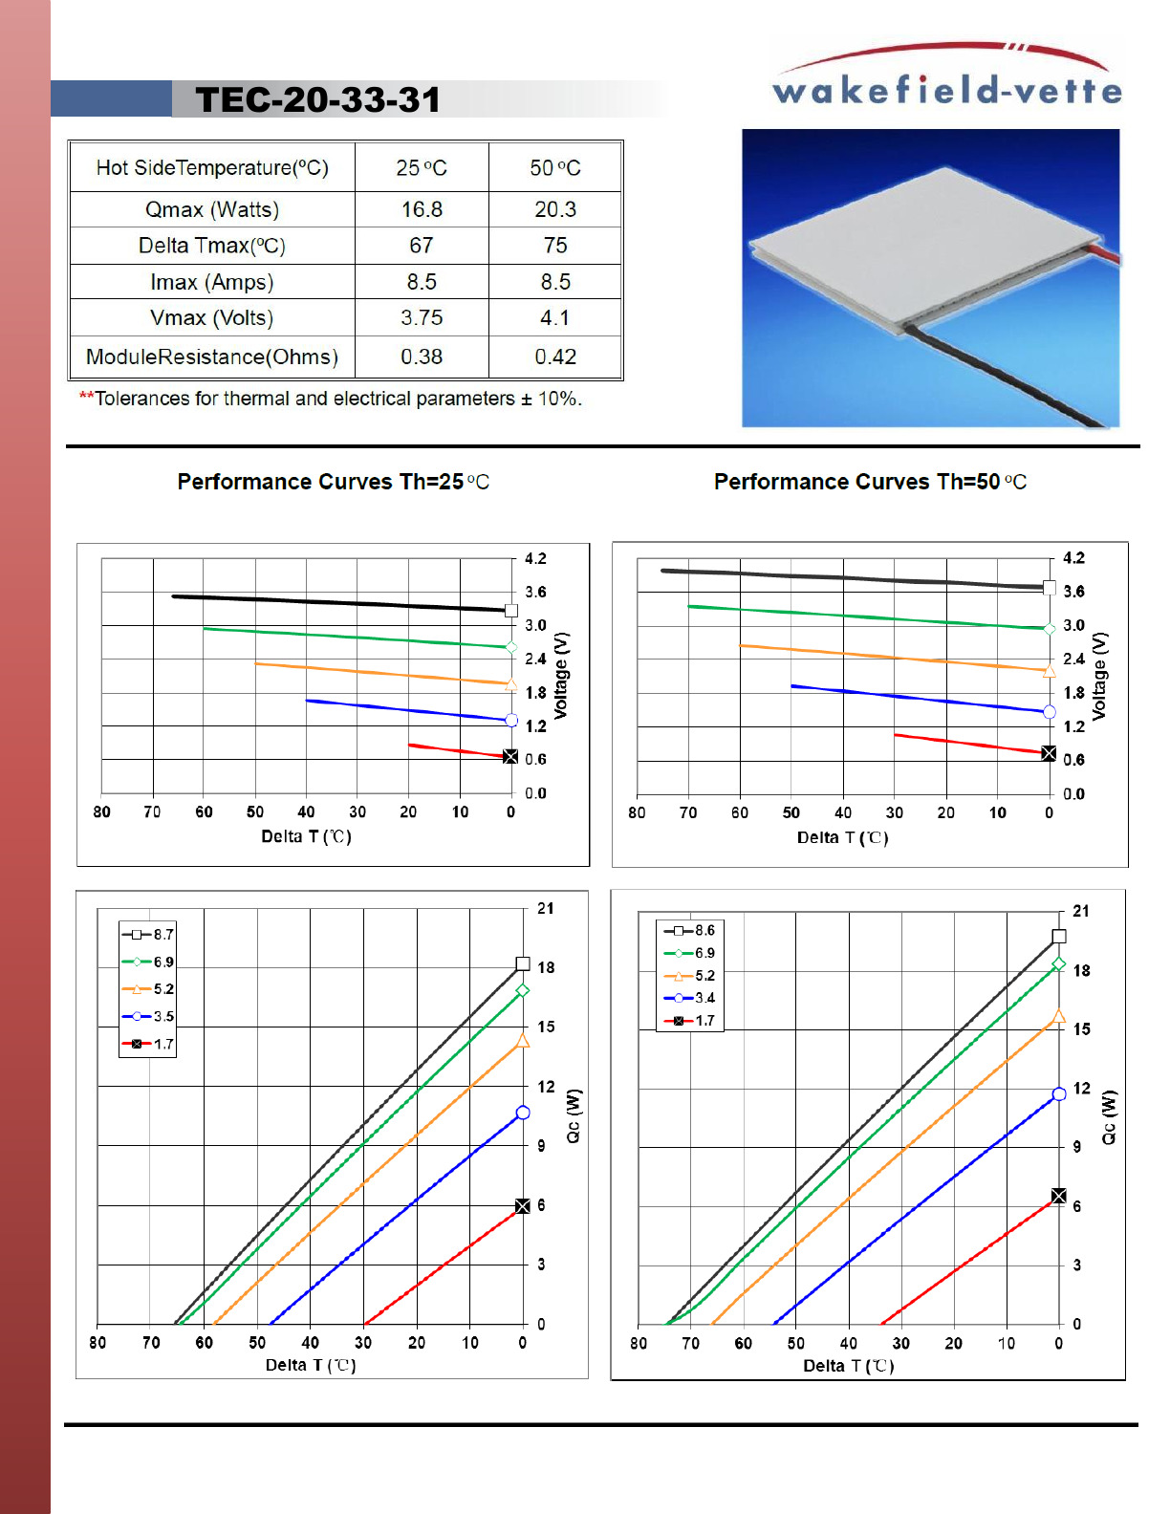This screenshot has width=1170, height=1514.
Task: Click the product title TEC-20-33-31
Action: [x=317, y=99]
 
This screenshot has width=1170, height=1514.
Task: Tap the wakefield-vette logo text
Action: [x=946, y=90]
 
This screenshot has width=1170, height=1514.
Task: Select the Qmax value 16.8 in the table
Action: [x=422, y=209]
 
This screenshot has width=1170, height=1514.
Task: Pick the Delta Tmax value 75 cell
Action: [x=555, y=246]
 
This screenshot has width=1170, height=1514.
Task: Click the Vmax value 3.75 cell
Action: [x=422, y=318]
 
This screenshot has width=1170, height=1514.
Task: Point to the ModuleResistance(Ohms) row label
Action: [x=212, y=357]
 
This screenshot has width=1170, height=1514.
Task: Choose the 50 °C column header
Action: [x=555, y=168]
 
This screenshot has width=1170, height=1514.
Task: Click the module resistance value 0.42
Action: [x=555, y=357]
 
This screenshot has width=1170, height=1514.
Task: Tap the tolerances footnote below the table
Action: [x=331, y=399]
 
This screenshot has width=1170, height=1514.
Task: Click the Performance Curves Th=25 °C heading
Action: [x=333, y=482]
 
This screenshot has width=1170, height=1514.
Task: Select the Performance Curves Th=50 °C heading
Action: [x=870, y=482]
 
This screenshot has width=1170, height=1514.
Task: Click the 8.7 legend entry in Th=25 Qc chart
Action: [x=148, y=935]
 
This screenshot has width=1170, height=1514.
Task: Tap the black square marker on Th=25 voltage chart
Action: [x=511, y=611]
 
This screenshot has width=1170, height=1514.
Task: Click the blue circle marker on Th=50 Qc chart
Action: [x=1059, y=1094]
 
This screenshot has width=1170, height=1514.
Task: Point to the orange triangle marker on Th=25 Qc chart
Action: [x=523, y=1041]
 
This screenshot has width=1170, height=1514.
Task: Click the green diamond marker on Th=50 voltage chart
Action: [x=1050, y=628]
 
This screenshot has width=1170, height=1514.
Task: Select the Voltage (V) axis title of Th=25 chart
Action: [x=561, y=675]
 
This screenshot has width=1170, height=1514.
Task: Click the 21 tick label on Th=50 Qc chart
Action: [x=1080, y=911]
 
